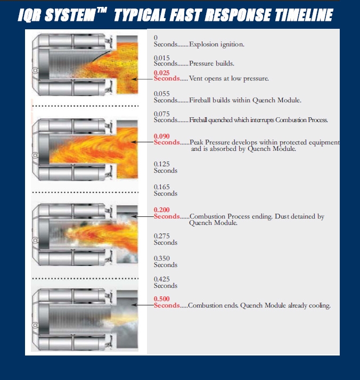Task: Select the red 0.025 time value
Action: pyautogui.click(x=162, y=72)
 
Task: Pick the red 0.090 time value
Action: pyautogui.click(x=162, y=136)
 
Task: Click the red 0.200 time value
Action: pyautogui.click(x=162, y=210)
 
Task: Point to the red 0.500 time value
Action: pyautogui.click(x=162, y=299)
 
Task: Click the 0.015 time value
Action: pyautogui.click(x=162, y=58)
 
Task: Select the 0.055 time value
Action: pyautogui.click(x=162, y=94)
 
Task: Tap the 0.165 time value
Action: pyautogui.click(x=162, y=187)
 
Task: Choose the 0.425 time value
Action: pyautogui.click(x=162, y=279)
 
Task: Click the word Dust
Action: pyautogui.click(x=282, y=216)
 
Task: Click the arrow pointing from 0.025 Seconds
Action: pyautogui.click(x=143, y=79)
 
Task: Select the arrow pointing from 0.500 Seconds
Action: pyautogui.click(x=143, y=305)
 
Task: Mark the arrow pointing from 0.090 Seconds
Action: pyautogui.click(x=143, y=142)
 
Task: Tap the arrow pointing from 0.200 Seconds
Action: pyautogui.click(x=143, y=216)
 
